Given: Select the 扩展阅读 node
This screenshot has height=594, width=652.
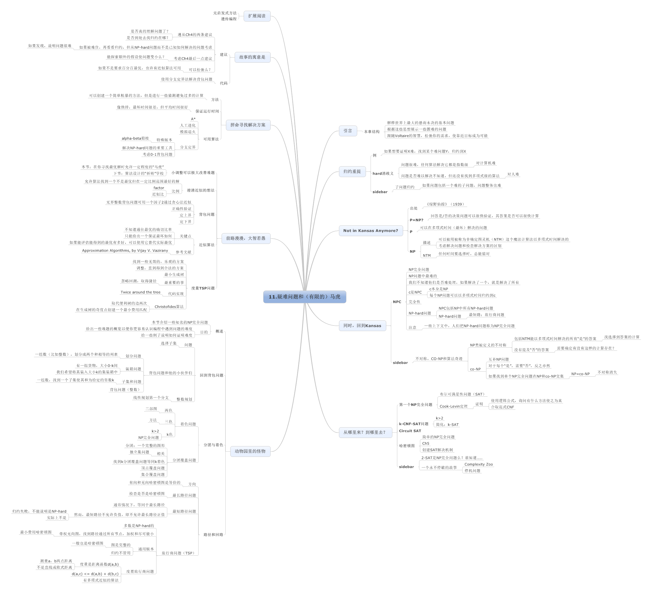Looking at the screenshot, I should coord(257,16).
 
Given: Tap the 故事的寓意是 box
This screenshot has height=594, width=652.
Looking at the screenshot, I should coord(252,57).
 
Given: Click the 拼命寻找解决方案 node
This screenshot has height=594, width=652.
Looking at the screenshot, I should coord(248,125).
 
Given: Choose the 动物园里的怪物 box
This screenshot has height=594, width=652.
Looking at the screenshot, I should coord(250,451).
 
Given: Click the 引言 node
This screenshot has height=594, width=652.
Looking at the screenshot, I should coord(348,131).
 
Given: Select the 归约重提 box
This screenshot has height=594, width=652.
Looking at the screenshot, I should coord(352,171).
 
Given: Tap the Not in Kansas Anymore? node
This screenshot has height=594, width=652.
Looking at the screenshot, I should coord(371,231).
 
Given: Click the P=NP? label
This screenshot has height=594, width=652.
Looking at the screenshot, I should coord(417,220).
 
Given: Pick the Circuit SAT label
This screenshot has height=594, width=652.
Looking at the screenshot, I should coord(410,431).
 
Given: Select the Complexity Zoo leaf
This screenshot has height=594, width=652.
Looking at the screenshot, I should coord(479,464).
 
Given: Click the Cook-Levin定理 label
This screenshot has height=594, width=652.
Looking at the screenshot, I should coord(454,406).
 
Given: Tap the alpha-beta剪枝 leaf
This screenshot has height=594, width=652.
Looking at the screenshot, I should coord(135,138).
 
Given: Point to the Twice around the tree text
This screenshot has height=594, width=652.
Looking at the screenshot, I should coord(140,292).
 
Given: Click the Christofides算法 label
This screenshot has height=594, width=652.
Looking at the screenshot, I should coord(169,307).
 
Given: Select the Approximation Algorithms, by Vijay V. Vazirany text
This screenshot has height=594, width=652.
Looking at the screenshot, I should coord(125,251).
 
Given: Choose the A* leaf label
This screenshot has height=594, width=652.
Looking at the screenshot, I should coord(193,119).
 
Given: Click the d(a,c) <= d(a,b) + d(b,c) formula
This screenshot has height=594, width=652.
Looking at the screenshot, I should coord(95,574).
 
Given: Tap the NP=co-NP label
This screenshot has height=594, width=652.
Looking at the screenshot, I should coord(581,374).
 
